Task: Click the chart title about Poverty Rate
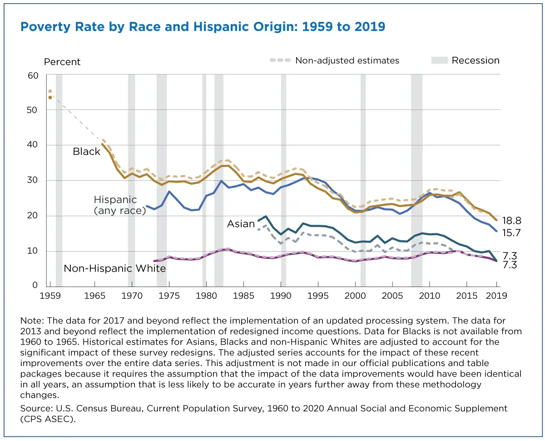point(203,27)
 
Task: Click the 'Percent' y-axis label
point(62,62)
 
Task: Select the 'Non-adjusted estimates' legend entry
point(347,60)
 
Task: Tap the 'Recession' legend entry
point(475,60)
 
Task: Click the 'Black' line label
point(86,152)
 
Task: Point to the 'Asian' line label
point(241,224)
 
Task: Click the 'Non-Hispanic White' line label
point(114,268)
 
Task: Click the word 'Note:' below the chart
point(31,321)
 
